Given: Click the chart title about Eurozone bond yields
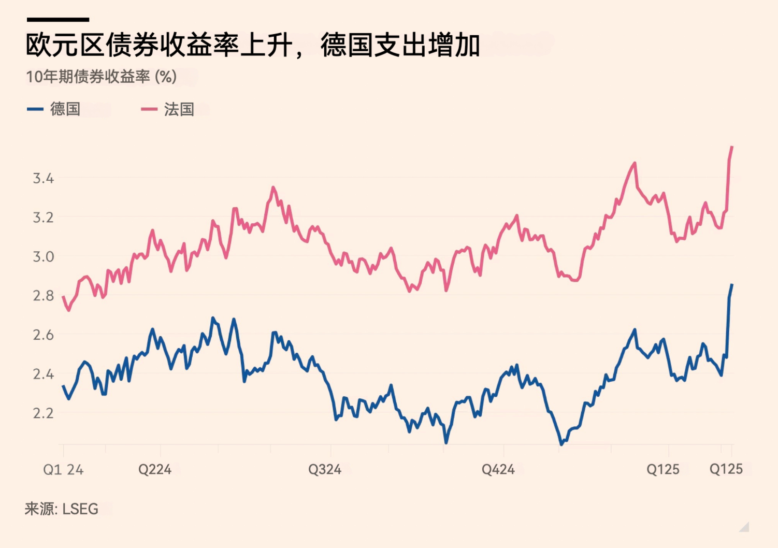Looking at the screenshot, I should [x=253, y=45].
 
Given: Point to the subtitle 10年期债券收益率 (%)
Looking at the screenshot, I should [x=102, y=77].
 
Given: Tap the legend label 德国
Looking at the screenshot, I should [x=65, y=109].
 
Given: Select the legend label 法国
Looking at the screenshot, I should [x=179, y=109].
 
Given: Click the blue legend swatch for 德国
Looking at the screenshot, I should [x=35, y=109].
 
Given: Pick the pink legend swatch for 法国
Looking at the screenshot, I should [x=149, y=109].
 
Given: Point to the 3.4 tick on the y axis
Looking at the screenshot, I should [x=44, y=179].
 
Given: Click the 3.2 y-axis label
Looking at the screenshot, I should [x=44, y=218].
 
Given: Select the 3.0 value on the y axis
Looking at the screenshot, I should [x=44, y=257].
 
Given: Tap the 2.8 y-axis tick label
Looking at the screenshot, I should [x=44, y=296].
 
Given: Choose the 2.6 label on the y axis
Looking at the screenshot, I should [x=44, y=335].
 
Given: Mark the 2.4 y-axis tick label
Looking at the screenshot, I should [x=44, y=374].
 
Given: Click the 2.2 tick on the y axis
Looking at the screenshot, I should [x=44, y=413].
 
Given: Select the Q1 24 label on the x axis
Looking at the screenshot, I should [x=63, y=470].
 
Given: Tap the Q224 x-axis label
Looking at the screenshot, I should [x=155, y=470].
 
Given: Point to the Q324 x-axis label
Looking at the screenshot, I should [x=325, y=470].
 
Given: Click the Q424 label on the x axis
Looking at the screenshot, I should [x=498, y=470].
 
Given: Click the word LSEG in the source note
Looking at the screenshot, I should [x=80, y=509].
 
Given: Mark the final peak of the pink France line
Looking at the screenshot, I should [x=732, y=147].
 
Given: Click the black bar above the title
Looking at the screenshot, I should [x=58, y=20].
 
